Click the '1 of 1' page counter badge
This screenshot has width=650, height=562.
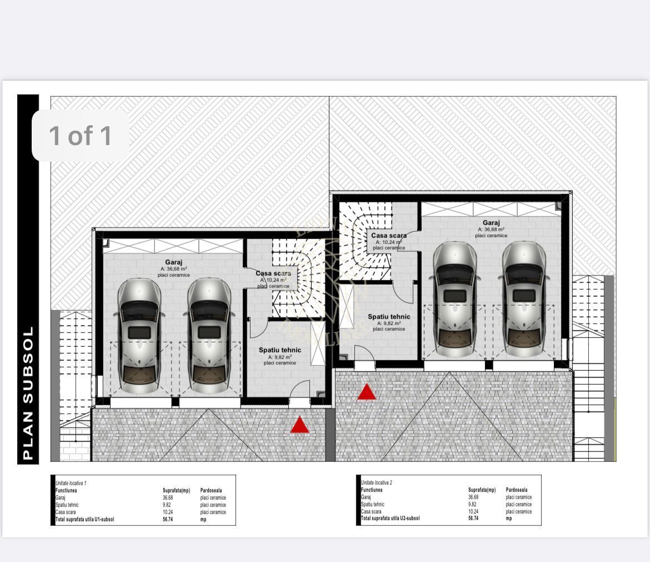coord(81,136)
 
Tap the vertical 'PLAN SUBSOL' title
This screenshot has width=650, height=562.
coord(28,393)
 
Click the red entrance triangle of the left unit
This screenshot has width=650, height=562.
coord(299,425)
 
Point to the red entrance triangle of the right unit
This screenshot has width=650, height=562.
coord(367,392)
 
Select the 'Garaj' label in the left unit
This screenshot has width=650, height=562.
coord(173,262)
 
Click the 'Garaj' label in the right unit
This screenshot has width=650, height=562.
coord(491,223)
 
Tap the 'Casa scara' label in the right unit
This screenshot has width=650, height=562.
coord(389,236)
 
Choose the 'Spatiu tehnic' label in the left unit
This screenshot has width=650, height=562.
coord(279,350)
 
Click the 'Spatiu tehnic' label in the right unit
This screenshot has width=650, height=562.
coord(389,317)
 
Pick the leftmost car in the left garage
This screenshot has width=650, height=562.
coord(139,335)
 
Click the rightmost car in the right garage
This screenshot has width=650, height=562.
coord(524,299)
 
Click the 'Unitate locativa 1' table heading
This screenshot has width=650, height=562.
coord(71,484)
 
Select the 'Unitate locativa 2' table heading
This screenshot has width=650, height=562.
coord(377,483)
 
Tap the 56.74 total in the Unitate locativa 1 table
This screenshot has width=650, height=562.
coord(168,519)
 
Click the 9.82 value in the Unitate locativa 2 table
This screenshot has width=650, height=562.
coord(473,504)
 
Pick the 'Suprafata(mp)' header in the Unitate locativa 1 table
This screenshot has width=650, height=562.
coord(176,490)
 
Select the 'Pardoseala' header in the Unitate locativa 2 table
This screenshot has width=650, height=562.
coord(517,490)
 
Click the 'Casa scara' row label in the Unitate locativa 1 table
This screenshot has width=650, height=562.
coord(66,512)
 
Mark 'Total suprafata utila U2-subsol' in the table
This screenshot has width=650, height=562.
coord(390,518)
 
